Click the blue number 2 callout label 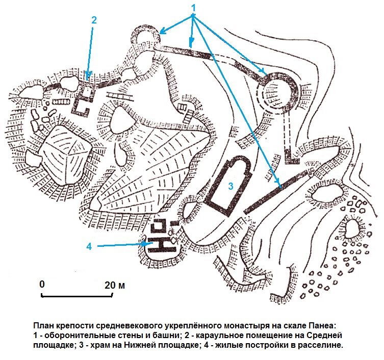94,20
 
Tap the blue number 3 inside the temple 231,186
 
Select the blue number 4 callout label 89,246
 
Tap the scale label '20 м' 114,285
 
